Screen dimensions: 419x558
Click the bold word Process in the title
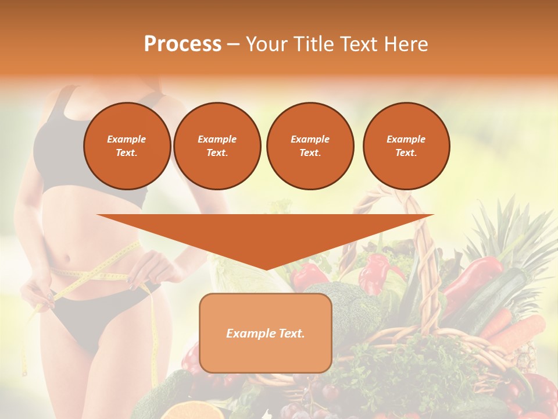183,44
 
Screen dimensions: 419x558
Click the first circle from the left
127,145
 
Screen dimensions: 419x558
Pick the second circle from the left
217,145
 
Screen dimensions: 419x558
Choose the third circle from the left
310,145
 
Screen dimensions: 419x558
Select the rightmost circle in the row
406,145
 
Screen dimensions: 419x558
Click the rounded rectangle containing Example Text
265,333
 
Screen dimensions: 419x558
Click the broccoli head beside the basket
343,303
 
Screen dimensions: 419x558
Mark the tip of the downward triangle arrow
266,269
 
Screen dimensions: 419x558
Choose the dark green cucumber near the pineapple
500,297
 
